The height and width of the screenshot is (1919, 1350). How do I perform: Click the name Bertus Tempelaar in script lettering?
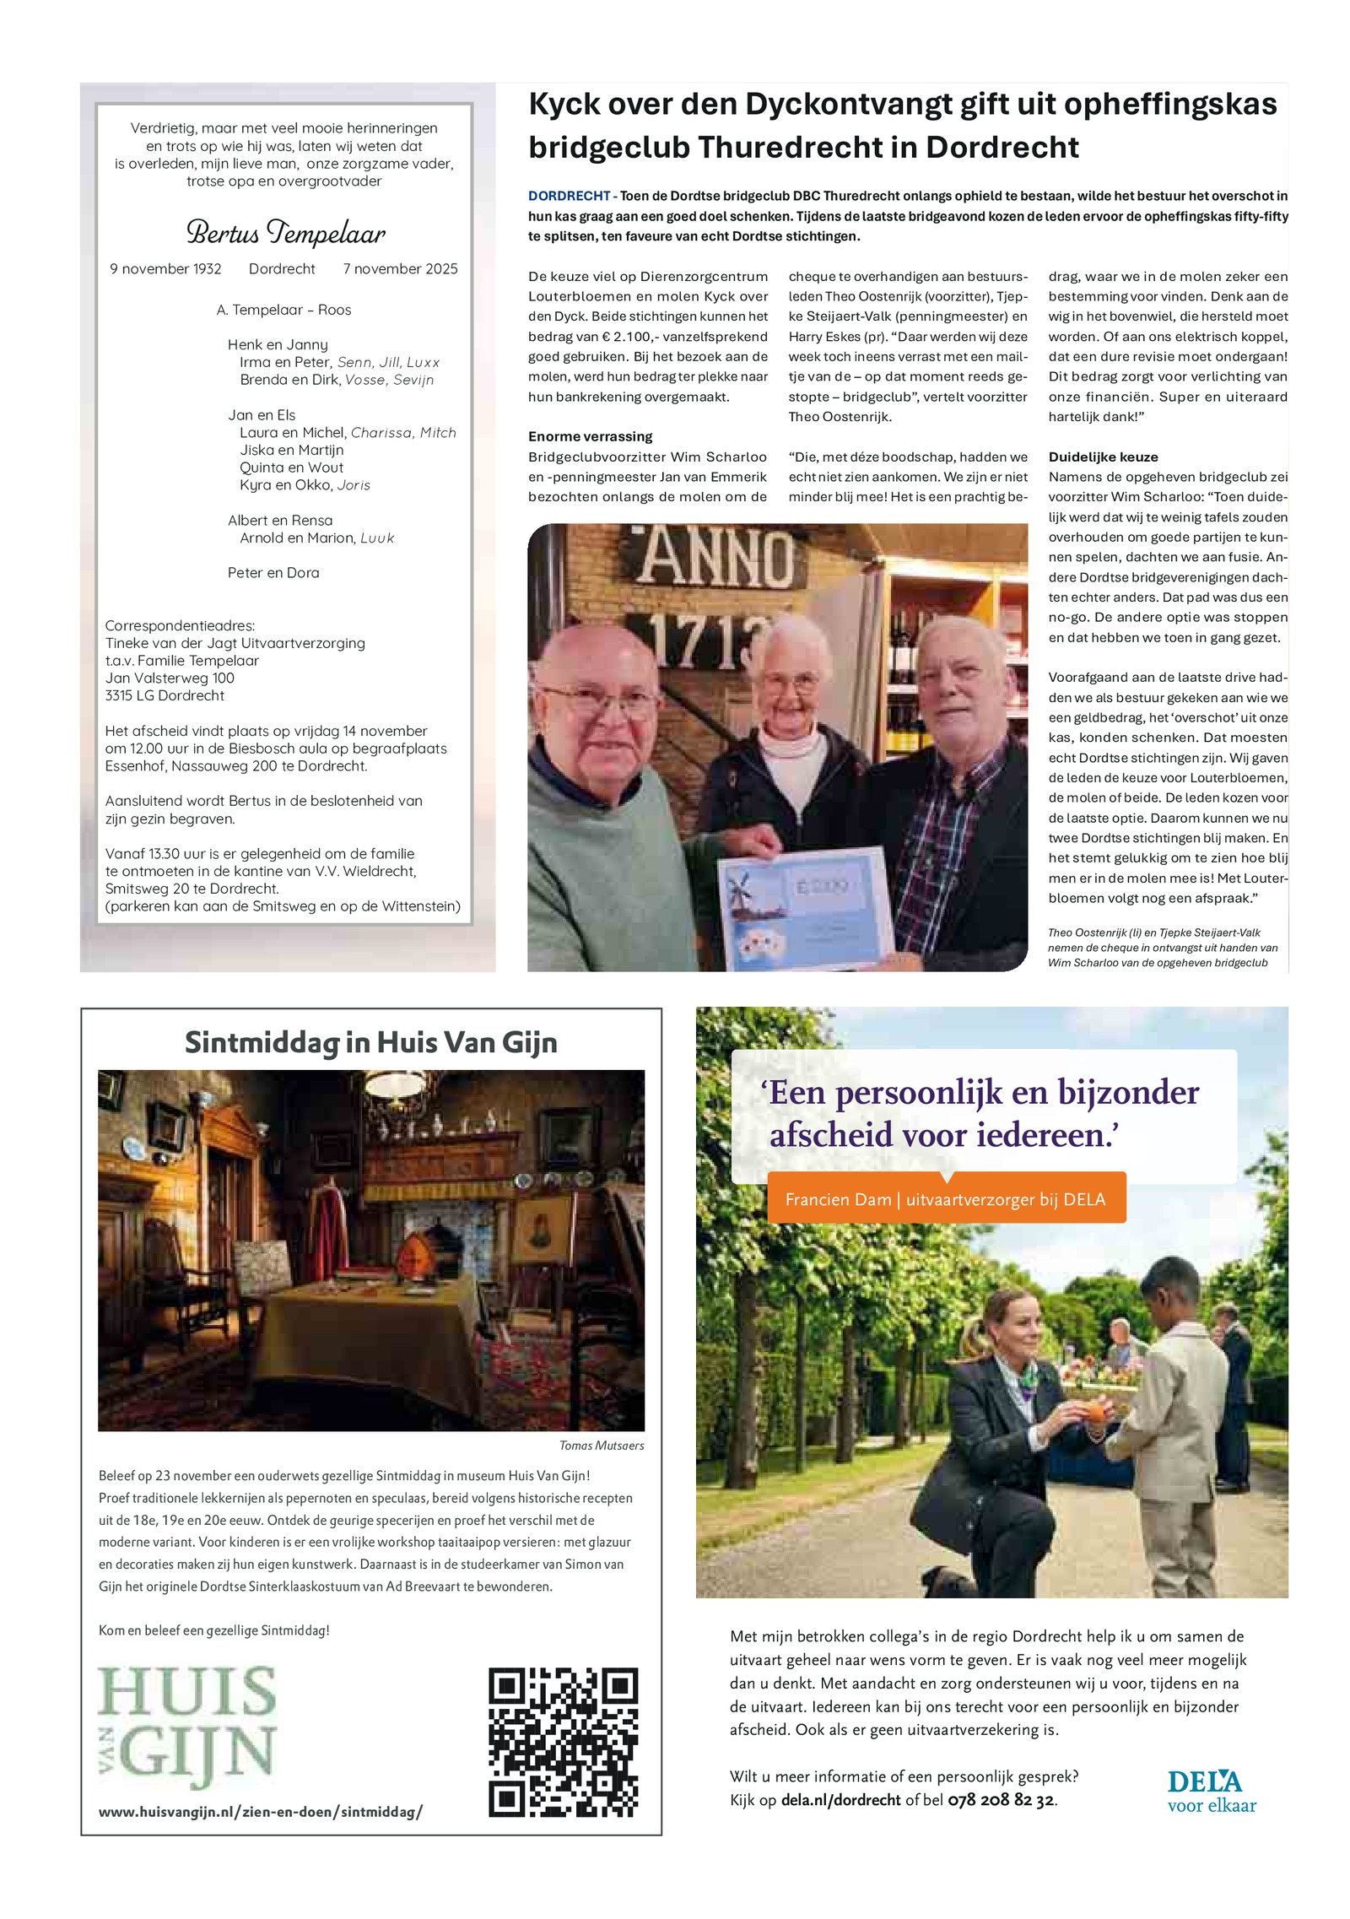coord(285,232)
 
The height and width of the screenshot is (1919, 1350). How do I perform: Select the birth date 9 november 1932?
coord(165,269)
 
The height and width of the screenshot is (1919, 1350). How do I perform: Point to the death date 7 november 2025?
coord(400,269)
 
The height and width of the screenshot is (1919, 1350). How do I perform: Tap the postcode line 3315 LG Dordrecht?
coord(165,695)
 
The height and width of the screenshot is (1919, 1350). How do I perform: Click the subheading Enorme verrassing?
coord(590,436)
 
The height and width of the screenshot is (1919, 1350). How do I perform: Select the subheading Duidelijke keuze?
coord(1103,457)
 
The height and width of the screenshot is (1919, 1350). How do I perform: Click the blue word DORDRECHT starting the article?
coord(569,196)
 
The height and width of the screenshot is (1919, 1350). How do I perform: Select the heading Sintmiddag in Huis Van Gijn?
coord(370,1042)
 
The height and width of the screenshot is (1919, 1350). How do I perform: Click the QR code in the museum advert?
coord(563,1742)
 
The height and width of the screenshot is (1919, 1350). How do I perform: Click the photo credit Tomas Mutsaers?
coord(601,1446)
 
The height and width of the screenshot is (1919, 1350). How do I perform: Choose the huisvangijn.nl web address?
coord(260,1812)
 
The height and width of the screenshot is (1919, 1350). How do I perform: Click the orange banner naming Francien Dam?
coord(945,1199)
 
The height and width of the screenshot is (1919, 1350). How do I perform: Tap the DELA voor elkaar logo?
coord(1211,1792)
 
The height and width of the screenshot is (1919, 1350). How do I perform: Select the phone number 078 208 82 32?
coord(1001,1800)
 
